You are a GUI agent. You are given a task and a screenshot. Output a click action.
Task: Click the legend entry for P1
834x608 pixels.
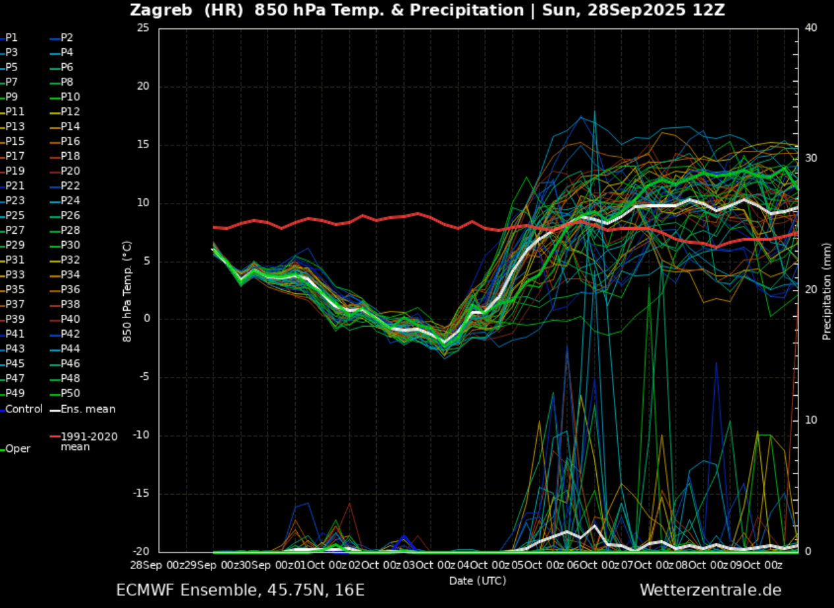[12, 38]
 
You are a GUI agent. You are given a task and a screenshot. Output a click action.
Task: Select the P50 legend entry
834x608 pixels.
[70, 393]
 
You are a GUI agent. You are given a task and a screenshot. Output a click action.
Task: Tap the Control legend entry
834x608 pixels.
[23, 409]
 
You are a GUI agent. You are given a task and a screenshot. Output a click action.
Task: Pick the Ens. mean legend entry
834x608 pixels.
[88, 409]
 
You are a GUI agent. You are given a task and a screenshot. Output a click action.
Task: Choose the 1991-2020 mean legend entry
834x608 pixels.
[89, 441]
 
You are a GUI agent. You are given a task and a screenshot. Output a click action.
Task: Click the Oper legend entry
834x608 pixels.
[18, 449]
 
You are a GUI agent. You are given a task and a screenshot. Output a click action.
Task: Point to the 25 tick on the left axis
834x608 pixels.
[144, 28]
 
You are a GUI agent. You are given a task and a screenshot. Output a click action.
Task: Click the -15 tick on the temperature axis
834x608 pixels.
[141, 493]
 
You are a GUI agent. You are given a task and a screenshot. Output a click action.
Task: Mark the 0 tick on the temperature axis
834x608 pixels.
[147, 319]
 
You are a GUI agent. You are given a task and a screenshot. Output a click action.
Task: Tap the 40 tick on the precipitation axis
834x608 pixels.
[811, 28]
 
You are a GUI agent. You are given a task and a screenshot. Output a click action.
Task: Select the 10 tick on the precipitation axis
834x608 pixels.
[811, 420]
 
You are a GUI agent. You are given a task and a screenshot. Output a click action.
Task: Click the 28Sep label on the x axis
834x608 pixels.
[146, 565]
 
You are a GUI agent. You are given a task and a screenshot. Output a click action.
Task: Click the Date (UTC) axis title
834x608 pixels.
[478, 580]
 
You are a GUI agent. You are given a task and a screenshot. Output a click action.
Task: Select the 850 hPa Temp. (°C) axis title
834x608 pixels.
[127, 291]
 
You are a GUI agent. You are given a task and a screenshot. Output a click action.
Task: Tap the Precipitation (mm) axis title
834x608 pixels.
[827, 291]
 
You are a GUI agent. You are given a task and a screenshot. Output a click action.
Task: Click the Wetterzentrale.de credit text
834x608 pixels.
[710, 590]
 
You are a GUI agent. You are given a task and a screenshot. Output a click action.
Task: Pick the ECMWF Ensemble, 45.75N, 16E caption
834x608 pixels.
[240, 590]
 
